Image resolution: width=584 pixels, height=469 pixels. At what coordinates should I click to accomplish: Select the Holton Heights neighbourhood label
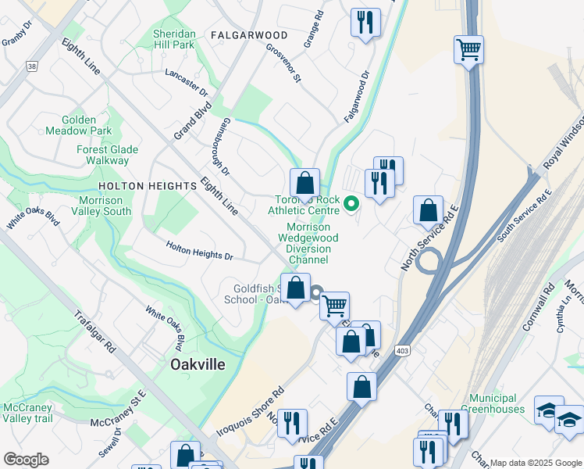coord(148,186)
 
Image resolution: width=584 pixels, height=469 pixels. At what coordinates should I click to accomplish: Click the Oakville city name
coord(198,364)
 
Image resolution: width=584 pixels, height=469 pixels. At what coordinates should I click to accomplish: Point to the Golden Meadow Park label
coord(88,125)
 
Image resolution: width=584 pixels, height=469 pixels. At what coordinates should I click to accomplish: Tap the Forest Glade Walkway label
coord(107,155)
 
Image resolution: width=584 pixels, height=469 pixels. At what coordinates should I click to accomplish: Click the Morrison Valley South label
coord(101,206)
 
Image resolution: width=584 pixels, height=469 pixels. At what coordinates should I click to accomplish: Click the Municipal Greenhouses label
coord(499,403)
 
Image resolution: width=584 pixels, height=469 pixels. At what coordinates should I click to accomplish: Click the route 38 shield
coord(31,67)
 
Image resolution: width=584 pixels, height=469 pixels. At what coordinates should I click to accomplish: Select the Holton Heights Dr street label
coord(199,251)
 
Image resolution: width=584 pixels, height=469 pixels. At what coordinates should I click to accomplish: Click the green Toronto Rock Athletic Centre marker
coord(351,204)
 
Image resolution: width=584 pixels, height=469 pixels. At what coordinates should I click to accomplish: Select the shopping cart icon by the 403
coord(468,50)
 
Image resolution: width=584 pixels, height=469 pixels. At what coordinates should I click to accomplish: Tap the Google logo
coord(26,460)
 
